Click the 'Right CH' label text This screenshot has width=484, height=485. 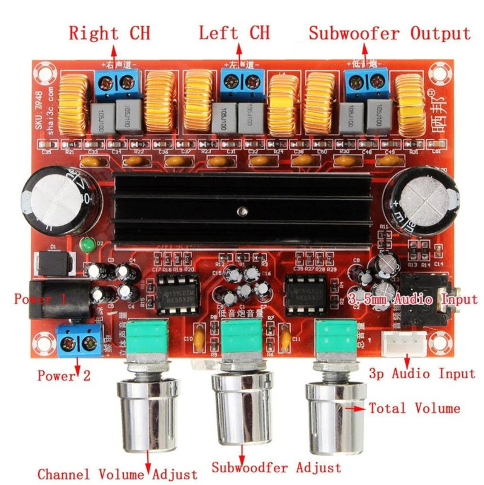pos(109,33)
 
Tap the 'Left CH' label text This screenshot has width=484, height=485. pos(234,33)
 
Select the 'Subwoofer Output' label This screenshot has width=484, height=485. pos(390,33)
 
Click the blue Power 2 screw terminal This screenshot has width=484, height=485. pos(79,342)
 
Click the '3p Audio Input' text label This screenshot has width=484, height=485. pos(422,373)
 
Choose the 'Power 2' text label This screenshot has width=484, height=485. pos(64,375)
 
